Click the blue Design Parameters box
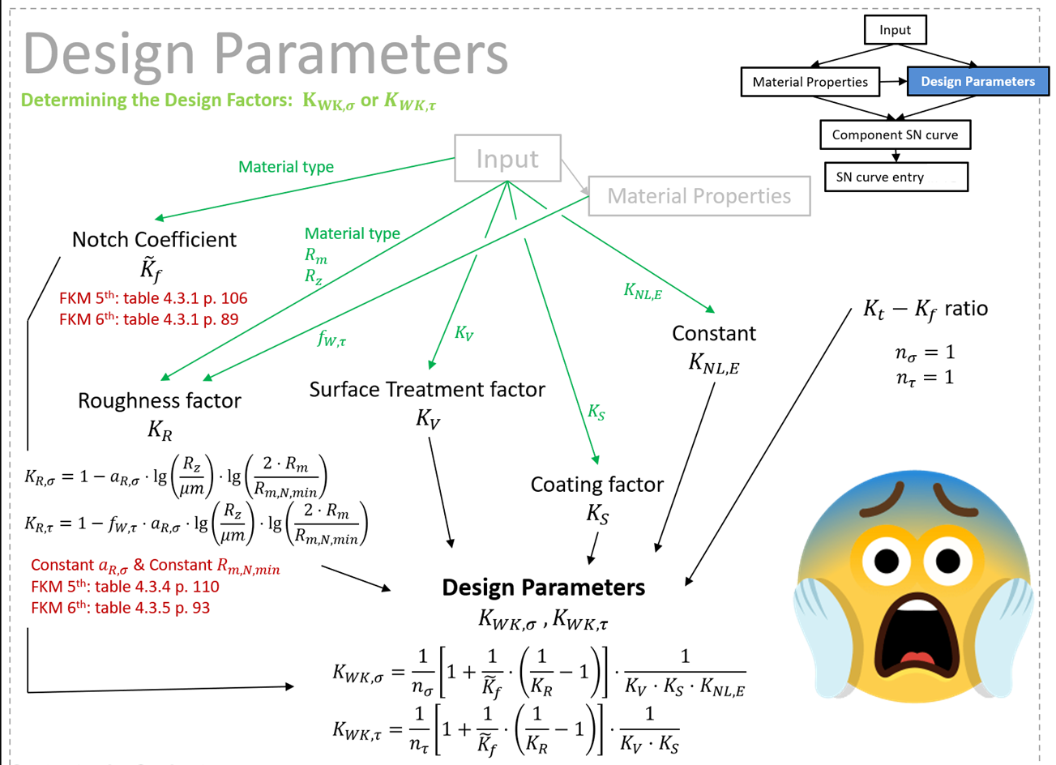point(977,81)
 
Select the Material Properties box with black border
point(810,82)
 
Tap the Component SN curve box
point(895,135)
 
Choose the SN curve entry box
point(896,177)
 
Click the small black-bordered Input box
point(895,30)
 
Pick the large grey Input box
point(507,158)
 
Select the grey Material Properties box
point(699,196)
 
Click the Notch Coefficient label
point(154,240)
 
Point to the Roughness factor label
point(160,400)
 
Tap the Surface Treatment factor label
point(427,390)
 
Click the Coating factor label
point(596,485)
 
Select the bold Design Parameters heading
point(543,588)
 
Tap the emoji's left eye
point(883,559)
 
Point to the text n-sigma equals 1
point(925,353)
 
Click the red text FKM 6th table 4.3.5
point(120,608)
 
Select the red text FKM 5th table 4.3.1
point(152,298)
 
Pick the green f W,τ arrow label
point(331,339)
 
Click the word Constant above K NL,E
point(713,333)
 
